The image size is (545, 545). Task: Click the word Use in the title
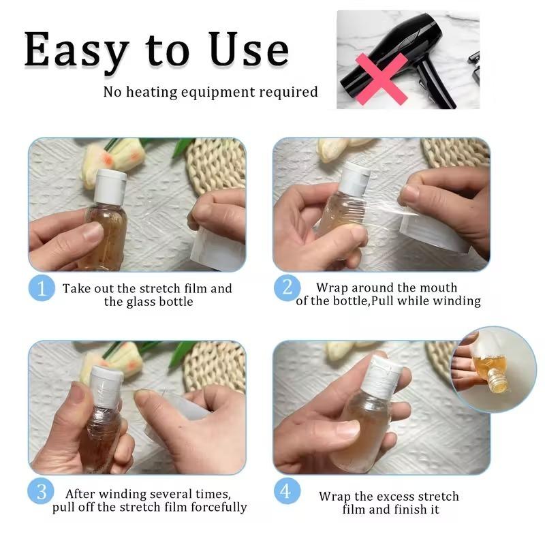point(249,50)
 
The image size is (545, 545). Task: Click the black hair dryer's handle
point(436,85)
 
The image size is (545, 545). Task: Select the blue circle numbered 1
point(42,288)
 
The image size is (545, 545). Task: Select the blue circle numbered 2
point(287,288)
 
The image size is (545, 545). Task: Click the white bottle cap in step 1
point(110,186)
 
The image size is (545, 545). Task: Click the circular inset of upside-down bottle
point(493,369)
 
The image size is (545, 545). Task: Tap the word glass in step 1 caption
point(140,302)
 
